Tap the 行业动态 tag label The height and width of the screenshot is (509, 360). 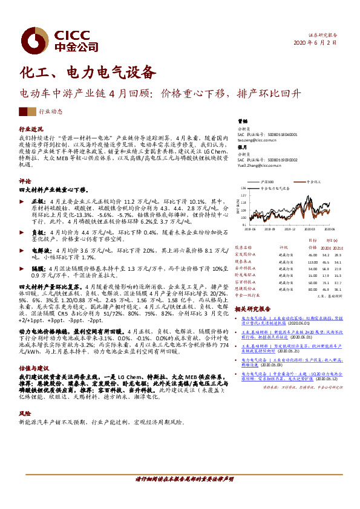pyautogui.click(x=51, y=112)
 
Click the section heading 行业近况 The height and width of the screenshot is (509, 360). pyautogui.click(x=31, y=129)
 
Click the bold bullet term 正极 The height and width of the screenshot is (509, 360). pyautogui.click(x=38, y=199)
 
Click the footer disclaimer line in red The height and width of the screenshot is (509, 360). pyautogui.click(x=185, y=479)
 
